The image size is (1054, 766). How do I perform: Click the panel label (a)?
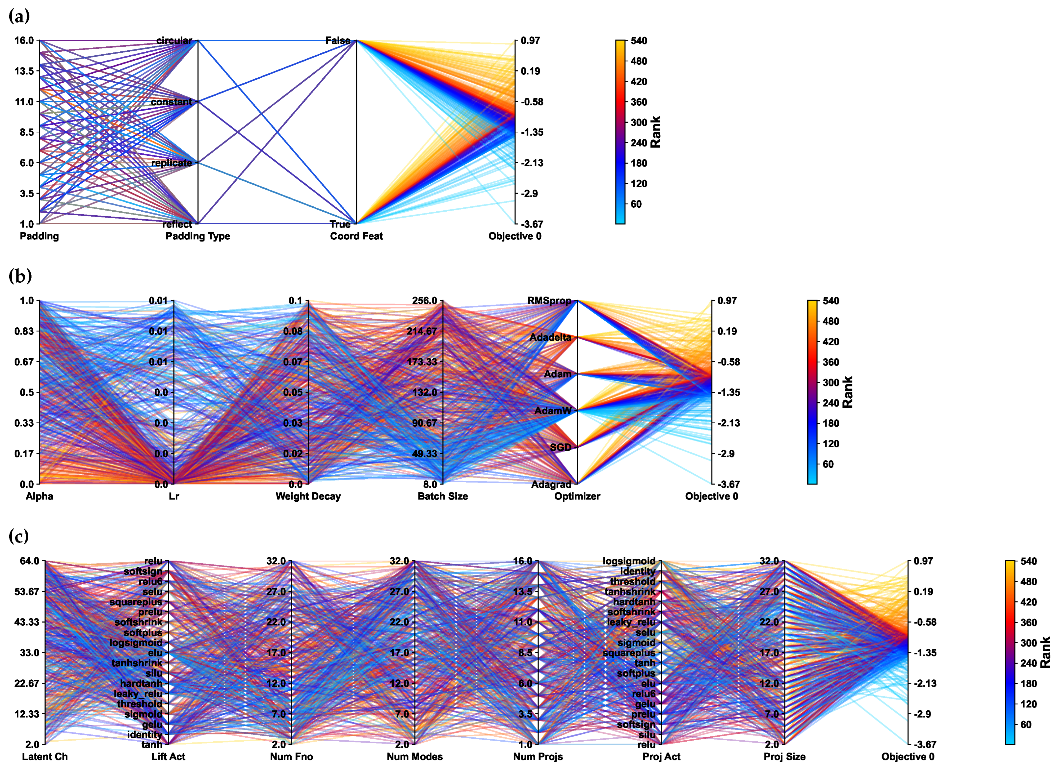pyautogui.click(x=19, y=17)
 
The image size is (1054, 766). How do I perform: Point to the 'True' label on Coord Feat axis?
pyautogui.click(x=340, y=225)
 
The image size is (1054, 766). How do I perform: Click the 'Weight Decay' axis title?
pyautogui.click(x=308, y=496)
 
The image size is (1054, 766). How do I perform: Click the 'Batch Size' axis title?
pyautogui.click(x=442, y=496)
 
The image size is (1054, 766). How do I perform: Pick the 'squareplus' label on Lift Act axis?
pyautogui.click(x=136, y=602)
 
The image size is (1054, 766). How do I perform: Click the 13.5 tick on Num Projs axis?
pyautogui.click(x=523, y=592)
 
